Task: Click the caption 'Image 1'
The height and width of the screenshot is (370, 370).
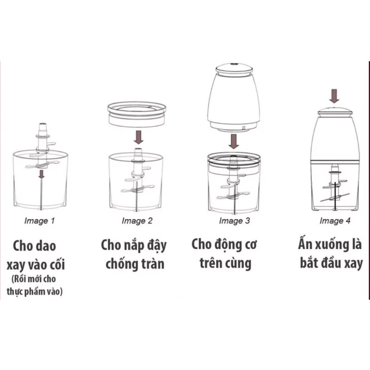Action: [x=39, y=221]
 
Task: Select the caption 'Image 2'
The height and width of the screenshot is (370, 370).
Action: [x=137, y=221]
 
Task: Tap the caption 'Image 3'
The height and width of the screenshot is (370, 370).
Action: [x=234, y=221]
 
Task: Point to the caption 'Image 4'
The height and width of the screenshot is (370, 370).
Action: [x=332, y=221]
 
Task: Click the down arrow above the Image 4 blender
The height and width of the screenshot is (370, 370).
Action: [x=334, y=96]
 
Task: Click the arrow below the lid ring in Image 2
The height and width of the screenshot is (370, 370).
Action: [x=138, y=137]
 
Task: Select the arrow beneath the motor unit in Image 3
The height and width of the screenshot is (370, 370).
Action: [x=234, y=141]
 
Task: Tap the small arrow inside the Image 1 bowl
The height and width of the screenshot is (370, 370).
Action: [x=42, y=174]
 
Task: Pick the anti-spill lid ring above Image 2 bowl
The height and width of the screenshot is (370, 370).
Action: [x=137, y=114]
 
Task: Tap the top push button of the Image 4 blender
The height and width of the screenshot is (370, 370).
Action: [x=334, y=111]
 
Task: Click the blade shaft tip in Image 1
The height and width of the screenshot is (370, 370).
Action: [x=42, y=126]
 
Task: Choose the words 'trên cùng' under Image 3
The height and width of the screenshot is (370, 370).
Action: [x=225, y=263]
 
